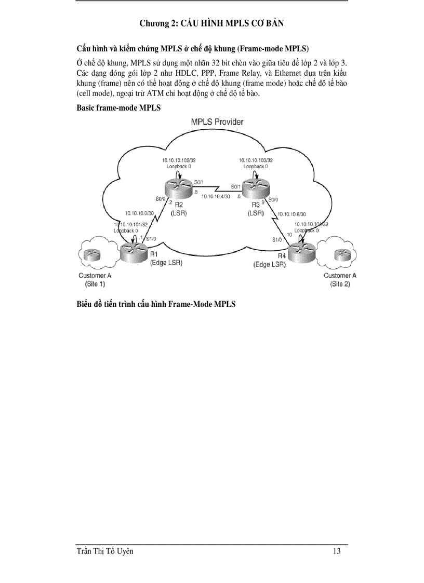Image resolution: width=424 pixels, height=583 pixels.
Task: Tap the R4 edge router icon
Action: click(301, 253)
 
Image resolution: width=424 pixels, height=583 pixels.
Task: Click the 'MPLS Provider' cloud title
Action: click(217, 122)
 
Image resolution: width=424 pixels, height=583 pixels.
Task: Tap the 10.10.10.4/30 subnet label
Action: click(216, 196)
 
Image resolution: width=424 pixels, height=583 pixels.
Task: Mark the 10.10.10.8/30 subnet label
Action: click(291, 214)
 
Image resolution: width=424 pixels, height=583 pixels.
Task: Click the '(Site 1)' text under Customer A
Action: click(95, 284)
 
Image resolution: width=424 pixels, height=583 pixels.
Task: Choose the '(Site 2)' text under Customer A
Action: click(340, 284)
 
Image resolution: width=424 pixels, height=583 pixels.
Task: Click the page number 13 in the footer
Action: click(337, 551)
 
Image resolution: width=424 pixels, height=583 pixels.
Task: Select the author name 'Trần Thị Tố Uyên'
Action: click(105, 551)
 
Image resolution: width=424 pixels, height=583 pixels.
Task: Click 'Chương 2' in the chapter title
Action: click(156, 23)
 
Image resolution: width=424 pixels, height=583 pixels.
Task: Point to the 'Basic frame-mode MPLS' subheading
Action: click(118, 108)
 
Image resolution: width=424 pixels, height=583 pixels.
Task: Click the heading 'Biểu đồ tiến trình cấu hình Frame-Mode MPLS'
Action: click(156, 304)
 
